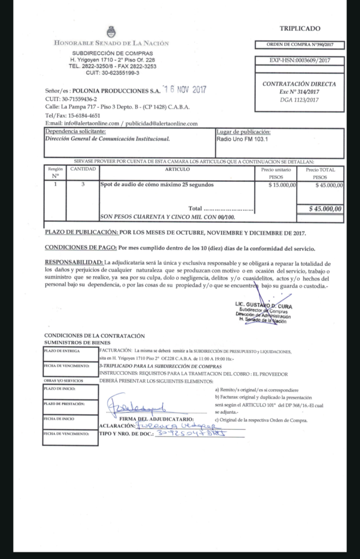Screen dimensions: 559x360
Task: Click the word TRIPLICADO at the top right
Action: (x=300, y=28)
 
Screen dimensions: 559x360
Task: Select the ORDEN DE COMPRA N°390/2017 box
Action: (x=299, y=45)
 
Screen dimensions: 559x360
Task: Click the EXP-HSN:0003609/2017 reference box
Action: (x=299, y=61)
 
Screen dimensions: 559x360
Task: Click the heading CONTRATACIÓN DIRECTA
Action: (x=299, y=85)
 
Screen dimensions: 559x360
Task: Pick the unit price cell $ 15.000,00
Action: (x=283, y=185)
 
